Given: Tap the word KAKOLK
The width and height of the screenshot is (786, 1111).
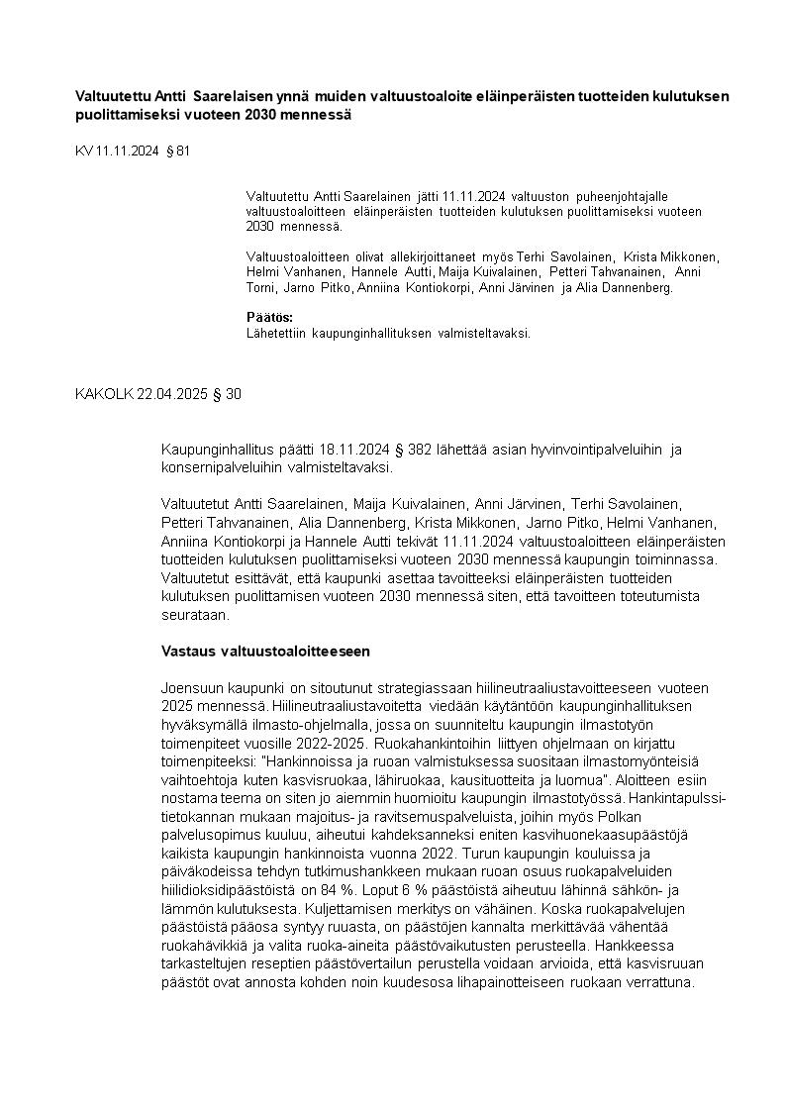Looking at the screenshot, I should click(101, 394).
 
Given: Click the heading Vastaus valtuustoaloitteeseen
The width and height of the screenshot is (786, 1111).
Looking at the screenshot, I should click(265, 651).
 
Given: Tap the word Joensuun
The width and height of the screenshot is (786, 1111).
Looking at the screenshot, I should click(192, 688).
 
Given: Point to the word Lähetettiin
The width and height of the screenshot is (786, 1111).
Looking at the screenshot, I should click(277, 333).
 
